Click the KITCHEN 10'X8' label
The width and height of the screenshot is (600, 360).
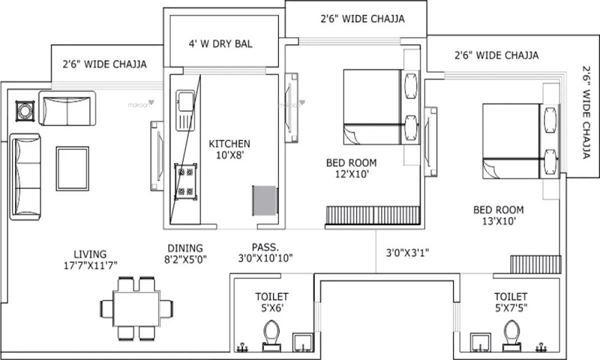click(x=229, y=149)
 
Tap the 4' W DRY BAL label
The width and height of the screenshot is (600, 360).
click(x=221, y=44)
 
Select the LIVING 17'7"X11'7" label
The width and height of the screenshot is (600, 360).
click(x=91, y=259)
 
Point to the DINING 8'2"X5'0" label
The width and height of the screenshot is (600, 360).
click(x=185, y=253)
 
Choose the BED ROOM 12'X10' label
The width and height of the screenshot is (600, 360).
click(x=351, y=168)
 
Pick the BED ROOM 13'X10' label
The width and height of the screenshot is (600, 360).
click(x=498, y=215)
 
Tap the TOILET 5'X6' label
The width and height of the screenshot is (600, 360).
click(x=272, y=302)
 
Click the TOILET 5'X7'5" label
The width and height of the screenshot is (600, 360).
click(x=511, y=302)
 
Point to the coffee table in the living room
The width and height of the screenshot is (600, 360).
click(x=72, y=168)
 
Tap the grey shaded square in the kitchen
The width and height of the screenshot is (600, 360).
click(x=264, y=199)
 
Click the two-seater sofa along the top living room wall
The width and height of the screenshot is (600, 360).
click(x=67, y=109)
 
